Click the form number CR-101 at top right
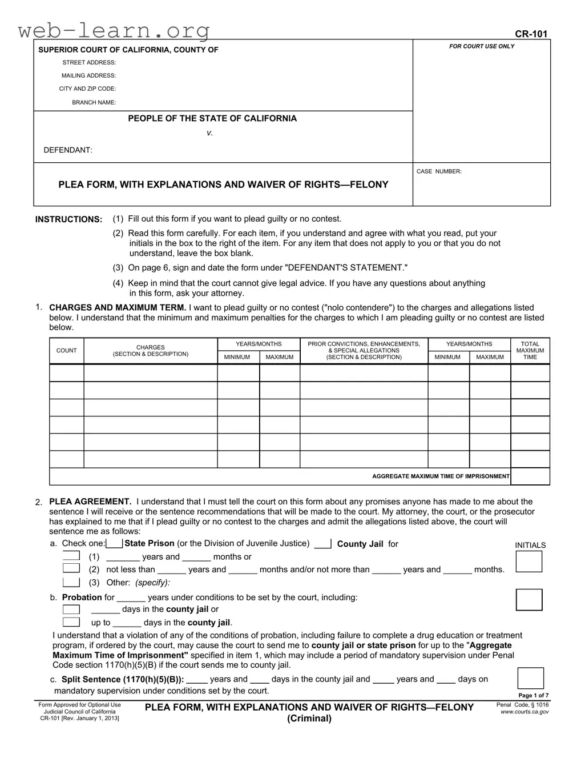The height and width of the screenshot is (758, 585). (531, 34)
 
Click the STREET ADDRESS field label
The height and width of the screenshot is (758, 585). (89, 62)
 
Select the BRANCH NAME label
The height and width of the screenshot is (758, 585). (94, 102)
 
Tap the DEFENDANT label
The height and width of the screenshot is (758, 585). (68, 150)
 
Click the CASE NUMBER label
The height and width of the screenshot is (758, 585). (439, 171)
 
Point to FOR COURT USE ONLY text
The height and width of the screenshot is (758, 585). (482, 46)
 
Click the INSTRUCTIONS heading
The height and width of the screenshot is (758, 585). (68, 219)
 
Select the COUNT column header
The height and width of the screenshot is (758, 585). (66, 350)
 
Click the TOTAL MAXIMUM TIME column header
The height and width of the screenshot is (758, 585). (530, 350)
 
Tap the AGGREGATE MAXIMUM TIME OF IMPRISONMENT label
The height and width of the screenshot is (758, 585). (441, 476)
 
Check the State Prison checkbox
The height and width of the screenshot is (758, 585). (114, 543)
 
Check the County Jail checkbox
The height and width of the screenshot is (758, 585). (322, 544)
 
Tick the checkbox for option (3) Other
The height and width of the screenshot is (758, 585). (71, 582)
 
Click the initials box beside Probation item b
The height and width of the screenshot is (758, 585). (529, 600)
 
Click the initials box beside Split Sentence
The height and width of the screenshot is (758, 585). (530, 678)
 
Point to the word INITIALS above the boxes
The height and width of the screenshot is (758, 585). (530, 545)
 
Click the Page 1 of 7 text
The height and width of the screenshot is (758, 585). (533, 695)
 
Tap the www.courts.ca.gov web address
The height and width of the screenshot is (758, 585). (525, 712)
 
